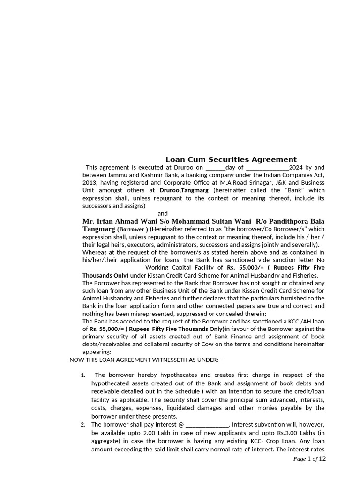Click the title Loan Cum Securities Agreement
click(231, 159)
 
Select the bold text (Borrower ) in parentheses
click(133, 229)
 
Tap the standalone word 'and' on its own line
click(162, 213)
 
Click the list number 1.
click(82, 375)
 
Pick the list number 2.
click(82, 425)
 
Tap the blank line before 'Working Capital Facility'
click(114, 268)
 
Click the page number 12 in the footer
click(322, 459)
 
